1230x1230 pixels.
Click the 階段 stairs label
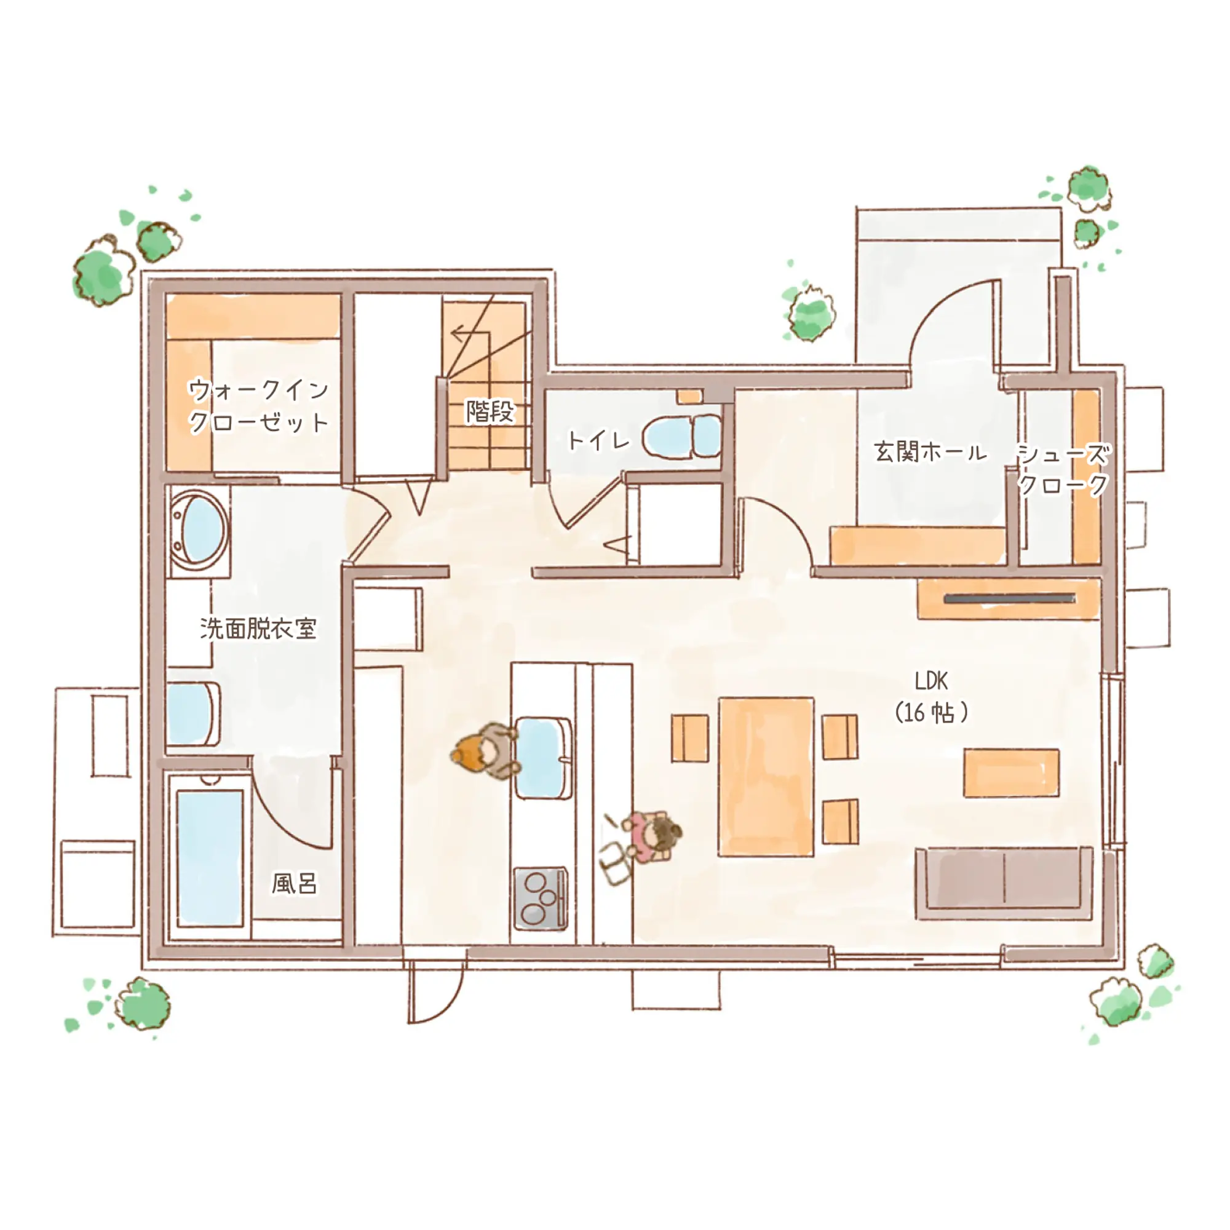point(490,411)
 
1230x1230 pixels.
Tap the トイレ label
point(598,440)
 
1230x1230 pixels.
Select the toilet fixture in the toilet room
point(681,436)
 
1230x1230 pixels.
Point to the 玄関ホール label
point(930,452)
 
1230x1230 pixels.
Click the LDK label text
point(930,681)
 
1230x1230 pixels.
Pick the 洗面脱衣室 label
point(258,629)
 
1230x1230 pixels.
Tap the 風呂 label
point(294,883)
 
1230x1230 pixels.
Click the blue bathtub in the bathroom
point(210,857)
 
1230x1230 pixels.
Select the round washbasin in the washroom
point(200,530)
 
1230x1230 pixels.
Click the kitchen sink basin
point(543,758)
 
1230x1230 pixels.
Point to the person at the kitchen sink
point(484,750)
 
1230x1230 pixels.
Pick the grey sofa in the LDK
point(1005,883)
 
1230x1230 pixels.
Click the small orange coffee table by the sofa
point(1011,773)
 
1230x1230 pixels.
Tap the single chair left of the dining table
point(689,738)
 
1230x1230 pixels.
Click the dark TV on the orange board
point(1010,598)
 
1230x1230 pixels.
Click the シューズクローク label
point(1063,470)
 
